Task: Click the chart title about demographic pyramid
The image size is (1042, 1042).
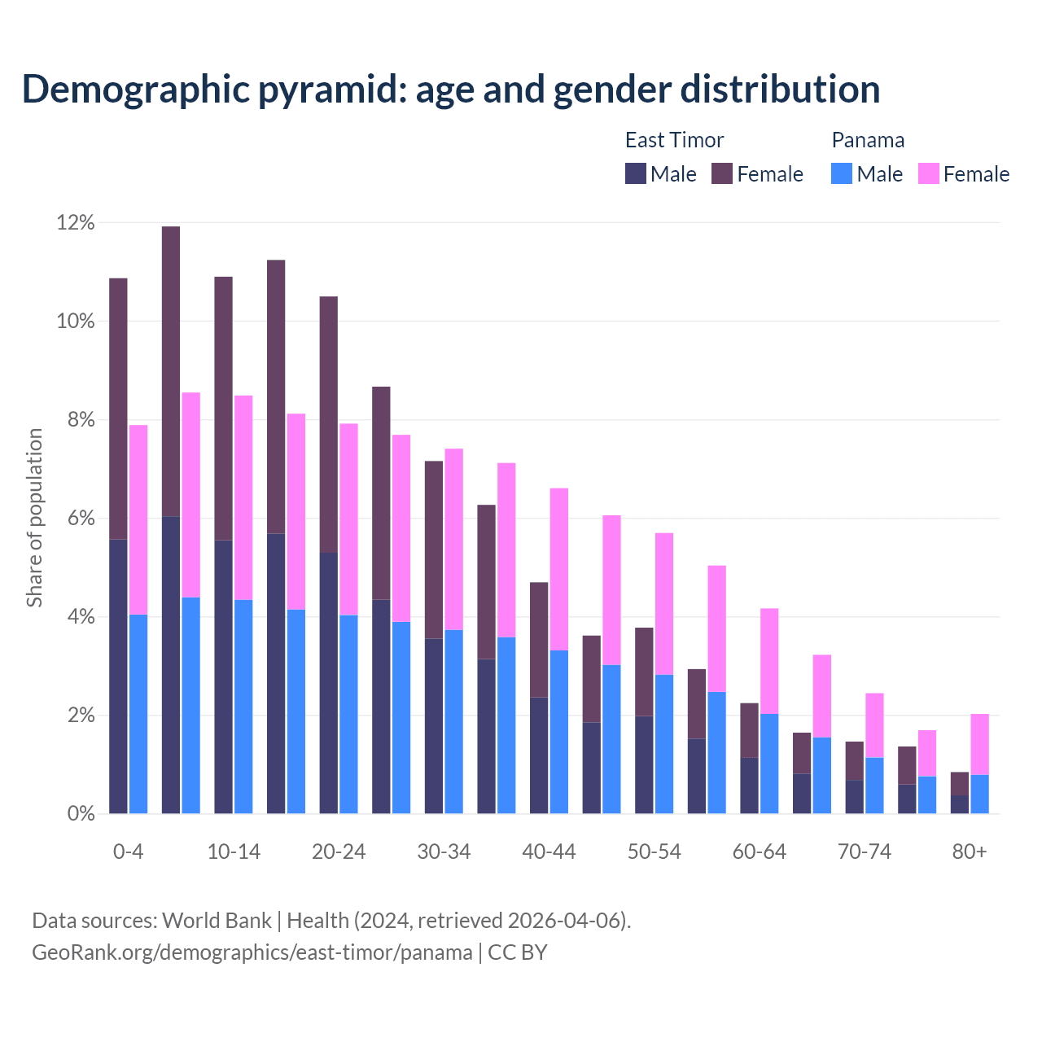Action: (451, 89)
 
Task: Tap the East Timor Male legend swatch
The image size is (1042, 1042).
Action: (636, 173)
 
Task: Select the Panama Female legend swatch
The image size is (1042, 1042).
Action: (929, 173)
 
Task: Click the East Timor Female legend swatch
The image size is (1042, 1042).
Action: (722, 173)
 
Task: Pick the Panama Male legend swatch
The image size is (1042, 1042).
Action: (842, 173)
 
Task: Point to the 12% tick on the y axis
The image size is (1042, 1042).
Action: (76, 223)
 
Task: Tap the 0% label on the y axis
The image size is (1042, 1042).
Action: (81, 813)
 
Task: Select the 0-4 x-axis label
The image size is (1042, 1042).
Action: (128, 852)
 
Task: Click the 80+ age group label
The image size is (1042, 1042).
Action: (970, 852)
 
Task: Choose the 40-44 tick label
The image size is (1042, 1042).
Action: (549, 852)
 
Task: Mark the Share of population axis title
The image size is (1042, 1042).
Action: (34, 518)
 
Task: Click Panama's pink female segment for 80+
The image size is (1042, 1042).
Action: (980, 744)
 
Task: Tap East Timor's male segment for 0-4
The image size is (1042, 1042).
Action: (118, 676)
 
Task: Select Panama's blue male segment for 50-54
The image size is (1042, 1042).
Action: (664, 744)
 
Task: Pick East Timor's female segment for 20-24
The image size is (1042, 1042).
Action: (329, 424)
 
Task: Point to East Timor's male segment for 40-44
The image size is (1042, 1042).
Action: (539, 755)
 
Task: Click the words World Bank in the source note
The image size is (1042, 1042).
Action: (217, 921)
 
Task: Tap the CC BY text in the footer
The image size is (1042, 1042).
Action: (518, 952)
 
